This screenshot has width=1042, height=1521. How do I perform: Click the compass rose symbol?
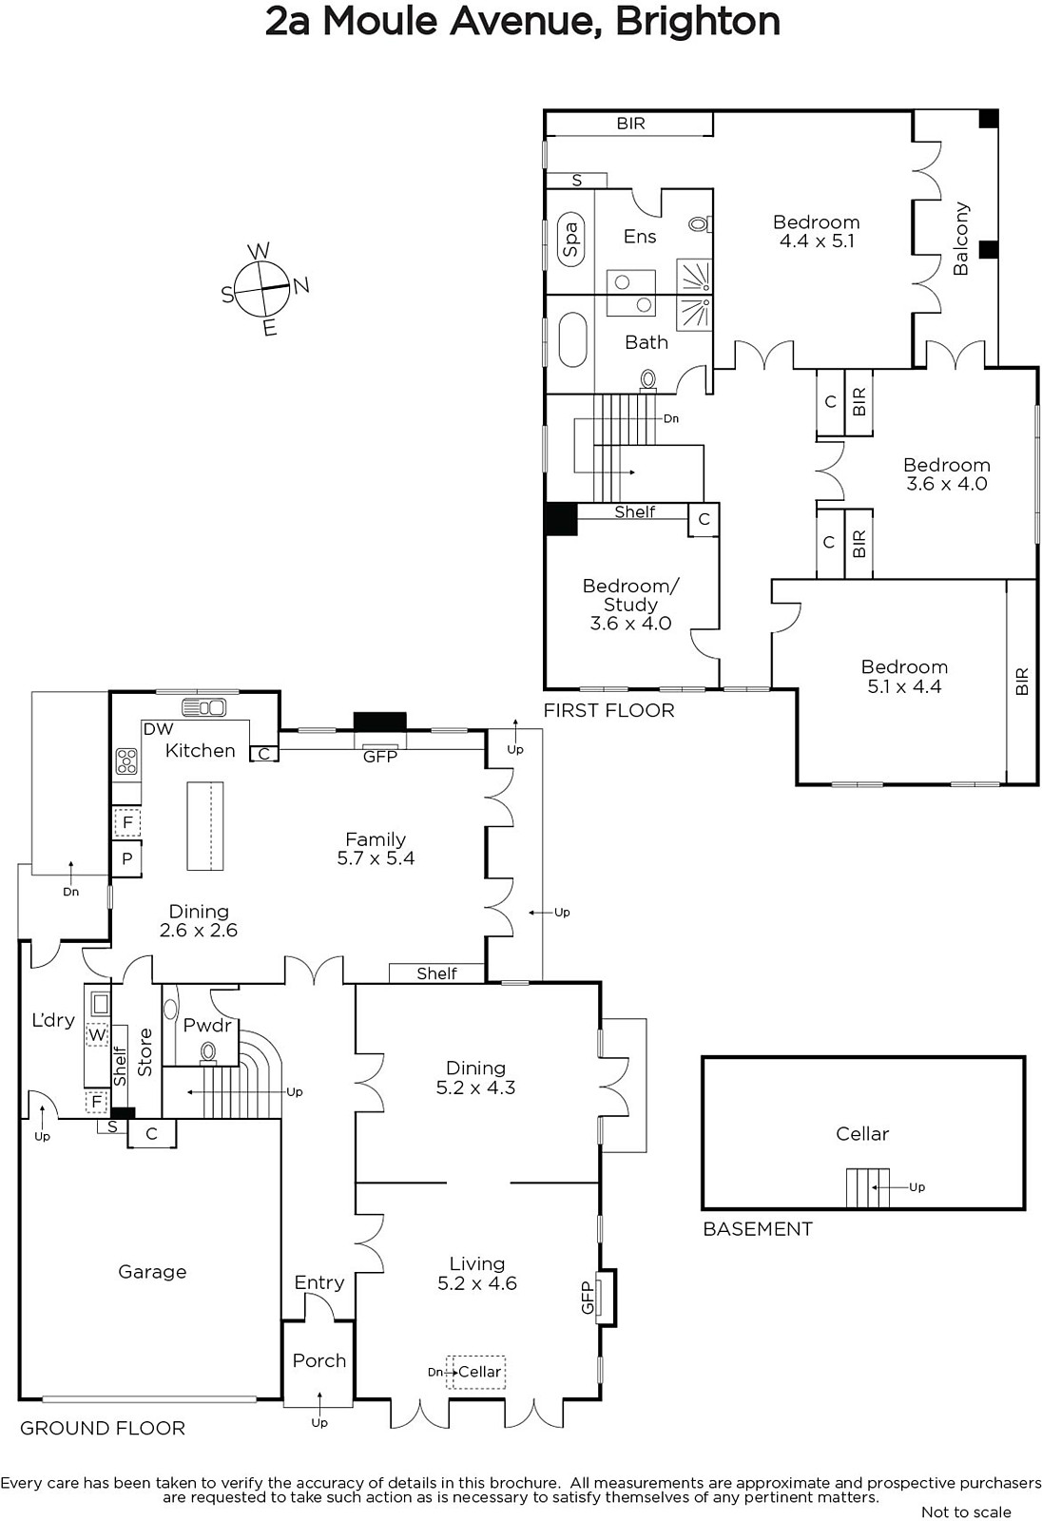tap(262, 289)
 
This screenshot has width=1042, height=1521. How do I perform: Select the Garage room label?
tap(152, 1272)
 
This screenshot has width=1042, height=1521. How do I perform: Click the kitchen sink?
tap(203, 707)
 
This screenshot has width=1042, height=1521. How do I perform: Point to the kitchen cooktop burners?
tap(126, 761)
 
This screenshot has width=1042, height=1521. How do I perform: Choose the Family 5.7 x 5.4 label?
tap(376, 849)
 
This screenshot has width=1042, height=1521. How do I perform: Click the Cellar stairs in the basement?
tap(867, 1187)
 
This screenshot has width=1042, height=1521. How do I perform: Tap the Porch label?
tap(319, 1360)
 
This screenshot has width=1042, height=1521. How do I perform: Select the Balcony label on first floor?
tap(960, 239)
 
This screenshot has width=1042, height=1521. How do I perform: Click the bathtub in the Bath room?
tap(572, 339)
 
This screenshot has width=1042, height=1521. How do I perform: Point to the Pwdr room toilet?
tap(208, 1053)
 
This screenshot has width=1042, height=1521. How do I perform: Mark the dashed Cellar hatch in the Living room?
tap(475, 1373)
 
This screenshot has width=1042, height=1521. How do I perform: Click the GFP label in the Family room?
tap(379, 757)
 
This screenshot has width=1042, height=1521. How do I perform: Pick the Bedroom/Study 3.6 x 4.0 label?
tap(630, 605)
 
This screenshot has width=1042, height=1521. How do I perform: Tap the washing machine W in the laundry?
tap(97, 1035)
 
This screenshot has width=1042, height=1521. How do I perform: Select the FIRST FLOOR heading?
tap(608, 711)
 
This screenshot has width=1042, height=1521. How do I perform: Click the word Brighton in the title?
tap(698, 23)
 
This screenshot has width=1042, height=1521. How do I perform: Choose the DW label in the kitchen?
tap(158, 728)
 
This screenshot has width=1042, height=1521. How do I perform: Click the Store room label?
tap(145, 1052)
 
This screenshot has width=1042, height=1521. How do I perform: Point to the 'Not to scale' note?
tap(966, 1512)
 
